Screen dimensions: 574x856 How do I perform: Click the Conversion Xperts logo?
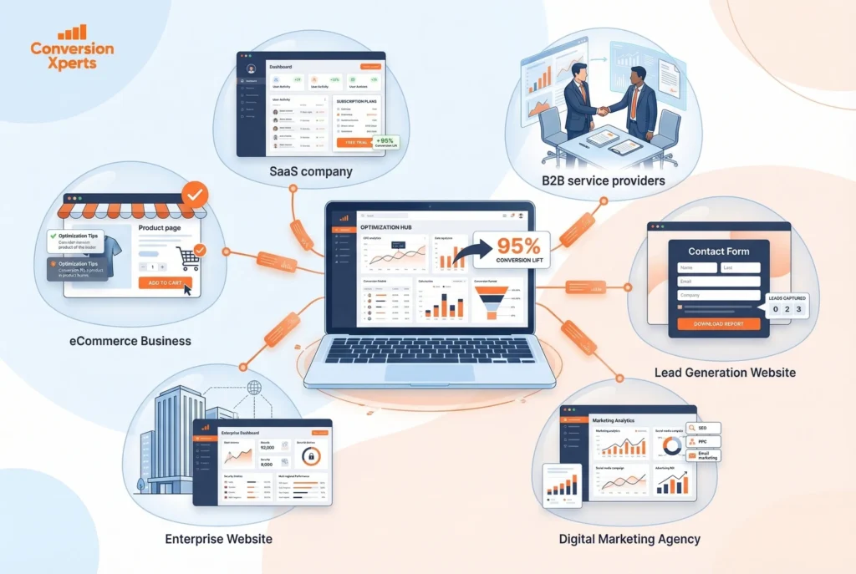pos(71,48)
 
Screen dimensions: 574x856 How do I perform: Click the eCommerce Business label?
pos(130,341)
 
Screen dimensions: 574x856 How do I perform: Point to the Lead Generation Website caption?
pos(725,373)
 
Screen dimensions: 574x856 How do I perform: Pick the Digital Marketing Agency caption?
pos(629,539)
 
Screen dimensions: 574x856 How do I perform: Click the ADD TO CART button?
pos(165,282)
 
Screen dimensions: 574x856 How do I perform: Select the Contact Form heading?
pos(718,251)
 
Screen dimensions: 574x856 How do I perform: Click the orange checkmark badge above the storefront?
pos(195,196)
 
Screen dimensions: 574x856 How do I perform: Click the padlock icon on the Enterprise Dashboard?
pos(311,456)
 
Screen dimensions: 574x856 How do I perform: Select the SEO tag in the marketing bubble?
pos(701,428)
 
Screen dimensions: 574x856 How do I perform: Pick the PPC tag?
pos(701,441)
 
